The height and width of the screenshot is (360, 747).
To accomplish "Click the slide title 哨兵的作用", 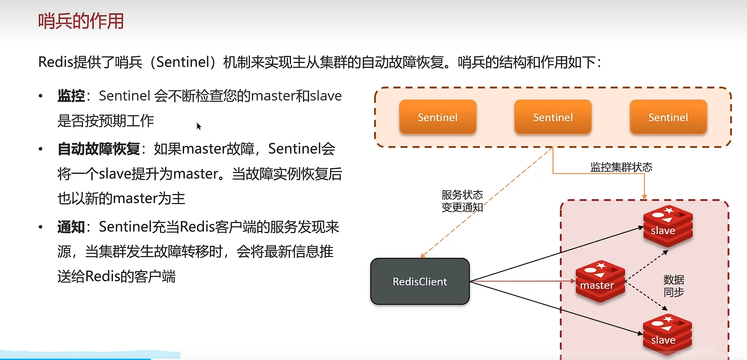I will (81, 21).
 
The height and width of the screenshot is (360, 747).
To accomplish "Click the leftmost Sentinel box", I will (438, 117).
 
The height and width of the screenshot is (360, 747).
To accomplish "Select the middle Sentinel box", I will (553, 117).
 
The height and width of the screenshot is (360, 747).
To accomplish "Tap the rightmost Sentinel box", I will (668, 117).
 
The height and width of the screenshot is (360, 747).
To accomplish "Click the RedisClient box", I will (420, 282).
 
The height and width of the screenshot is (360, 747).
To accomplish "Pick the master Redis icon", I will (600, 281).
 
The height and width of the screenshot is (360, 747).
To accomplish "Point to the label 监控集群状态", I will (621, 167).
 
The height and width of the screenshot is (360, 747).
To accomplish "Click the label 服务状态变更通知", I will (462, 201).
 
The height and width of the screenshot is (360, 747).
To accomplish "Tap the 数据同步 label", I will (674, 286).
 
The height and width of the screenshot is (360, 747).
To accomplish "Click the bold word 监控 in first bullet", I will (71, 96).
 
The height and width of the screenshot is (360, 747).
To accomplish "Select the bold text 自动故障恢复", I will (99, 149).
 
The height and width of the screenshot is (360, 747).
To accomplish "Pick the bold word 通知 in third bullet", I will (71, 227).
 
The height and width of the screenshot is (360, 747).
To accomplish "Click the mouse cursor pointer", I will (198, 126).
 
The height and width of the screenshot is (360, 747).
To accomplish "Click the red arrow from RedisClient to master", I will (522, 281).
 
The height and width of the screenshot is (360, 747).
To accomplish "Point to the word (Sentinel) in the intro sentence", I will (182, 62).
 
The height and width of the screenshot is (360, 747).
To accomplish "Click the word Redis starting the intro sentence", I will (56, 62).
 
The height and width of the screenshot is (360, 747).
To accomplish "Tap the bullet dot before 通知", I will (41, 227).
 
